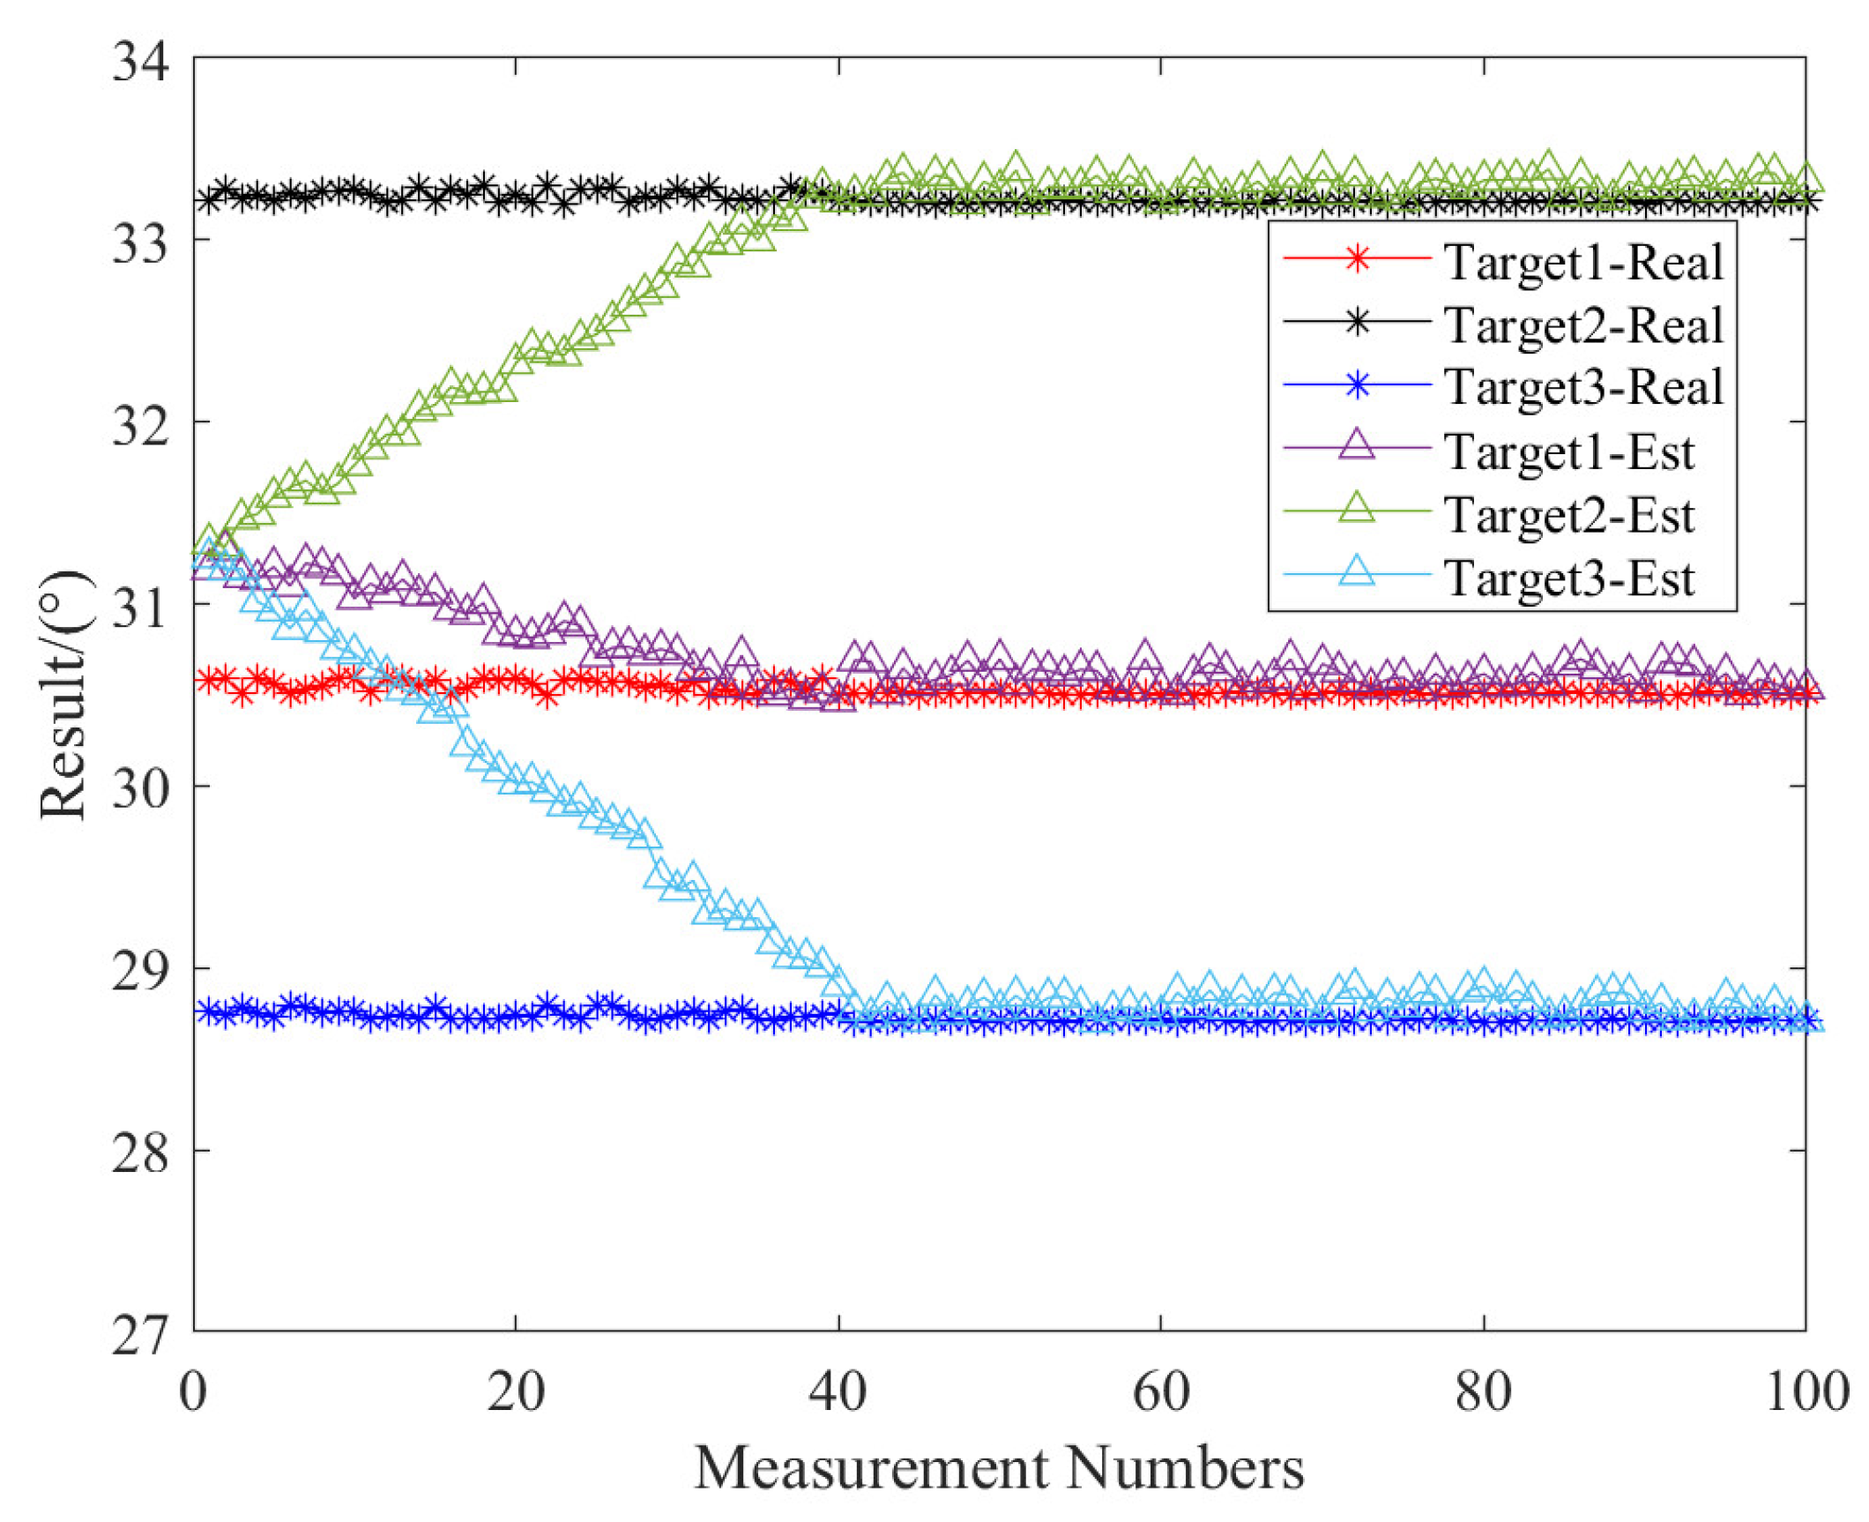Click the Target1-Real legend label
(x=1582, y=262)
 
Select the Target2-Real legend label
(x=1582, y=325)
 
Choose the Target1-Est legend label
(x=1568, y=451)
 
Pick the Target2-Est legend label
(x=1568, y=515)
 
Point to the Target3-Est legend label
(x=1568, y=578)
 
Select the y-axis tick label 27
(x=139, y=1335)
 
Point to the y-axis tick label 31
(x=139, y=608)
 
